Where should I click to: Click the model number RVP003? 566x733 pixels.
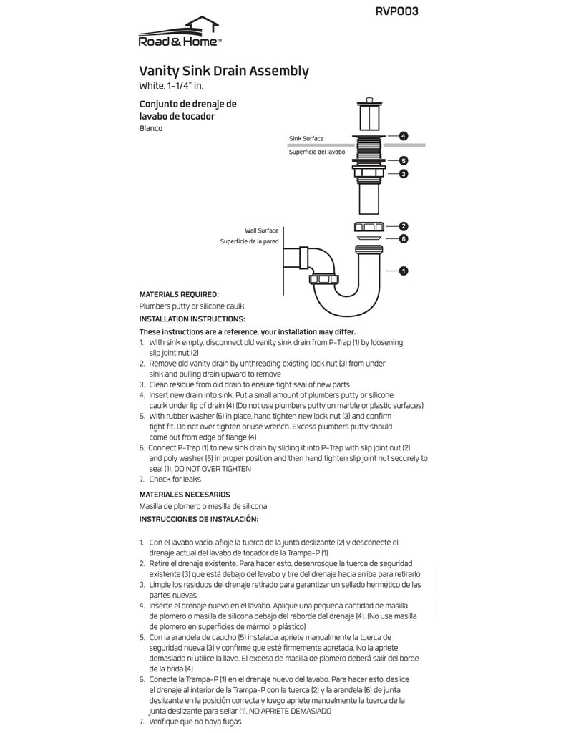point(396,11)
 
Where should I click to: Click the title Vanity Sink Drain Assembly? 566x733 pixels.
point(224,71)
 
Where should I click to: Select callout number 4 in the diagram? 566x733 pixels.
point(404,135)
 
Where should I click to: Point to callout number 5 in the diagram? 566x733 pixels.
point(404,161)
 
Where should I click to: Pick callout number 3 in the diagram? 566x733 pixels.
point(404,173)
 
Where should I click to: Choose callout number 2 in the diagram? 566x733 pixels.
point(404,226)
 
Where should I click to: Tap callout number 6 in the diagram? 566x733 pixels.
point(404,238)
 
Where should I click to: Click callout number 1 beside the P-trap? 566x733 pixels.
point(404,271)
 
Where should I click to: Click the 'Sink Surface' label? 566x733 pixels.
point(306,138)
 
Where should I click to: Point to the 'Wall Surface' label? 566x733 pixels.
point(262,230)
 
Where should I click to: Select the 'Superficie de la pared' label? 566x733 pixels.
point(249,242)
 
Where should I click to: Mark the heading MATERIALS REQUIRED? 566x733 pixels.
point(179,294)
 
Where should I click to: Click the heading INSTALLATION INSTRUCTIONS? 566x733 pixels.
point(192,319)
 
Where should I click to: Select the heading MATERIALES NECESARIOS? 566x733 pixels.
point(185,494)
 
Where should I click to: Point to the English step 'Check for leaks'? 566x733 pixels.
point(175,479)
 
